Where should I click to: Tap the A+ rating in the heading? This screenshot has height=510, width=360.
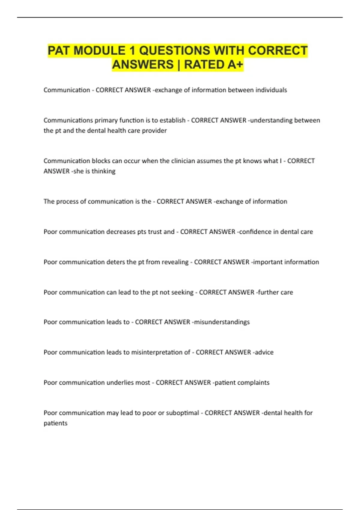coord(235,64)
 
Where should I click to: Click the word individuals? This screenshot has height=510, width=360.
coord(271,90)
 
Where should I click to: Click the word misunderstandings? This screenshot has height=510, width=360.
coord(222,322)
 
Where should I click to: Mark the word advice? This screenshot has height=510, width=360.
coord(264,352)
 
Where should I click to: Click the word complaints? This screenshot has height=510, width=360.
coord(255,382)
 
